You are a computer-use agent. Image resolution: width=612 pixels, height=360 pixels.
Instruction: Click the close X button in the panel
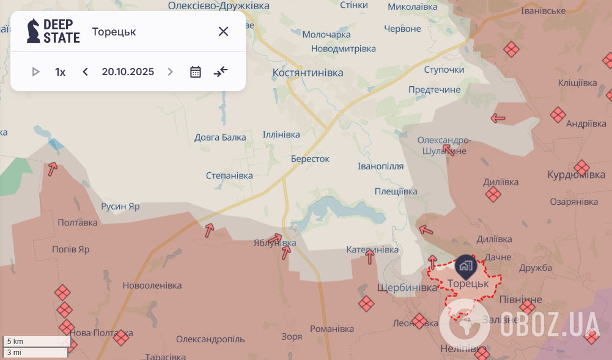pos(223,32)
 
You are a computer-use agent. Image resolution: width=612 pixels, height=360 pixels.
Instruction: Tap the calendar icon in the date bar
pos(196,72)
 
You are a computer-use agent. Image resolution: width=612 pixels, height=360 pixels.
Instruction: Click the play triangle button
pos(35,72)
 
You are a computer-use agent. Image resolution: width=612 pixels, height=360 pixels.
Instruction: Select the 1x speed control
pos(60,72)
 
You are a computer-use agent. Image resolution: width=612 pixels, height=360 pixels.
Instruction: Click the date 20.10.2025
pos(128,72)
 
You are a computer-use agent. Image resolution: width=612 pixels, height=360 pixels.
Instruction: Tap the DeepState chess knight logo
pos(33,31)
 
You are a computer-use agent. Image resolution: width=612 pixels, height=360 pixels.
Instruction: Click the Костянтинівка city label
pos(308,73)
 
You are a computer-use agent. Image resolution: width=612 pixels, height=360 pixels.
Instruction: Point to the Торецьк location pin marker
pos(465,265)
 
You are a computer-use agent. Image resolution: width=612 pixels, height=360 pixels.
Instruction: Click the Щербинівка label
pos(407,287)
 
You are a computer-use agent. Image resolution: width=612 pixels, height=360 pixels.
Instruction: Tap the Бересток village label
pos(310,159)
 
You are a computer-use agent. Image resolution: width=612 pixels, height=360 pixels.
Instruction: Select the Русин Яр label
pos(120,207)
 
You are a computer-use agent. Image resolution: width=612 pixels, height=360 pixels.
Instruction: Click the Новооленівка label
pos(152,285)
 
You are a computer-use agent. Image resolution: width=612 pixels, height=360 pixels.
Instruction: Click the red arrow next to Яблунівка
pos(277,238)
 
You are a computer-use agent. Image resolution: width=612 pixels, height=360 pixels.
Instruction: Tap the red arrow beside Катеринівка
pos(370,257)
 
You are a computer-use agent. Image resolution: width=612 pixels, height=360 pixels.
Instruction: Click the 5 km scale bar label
pos(15,341)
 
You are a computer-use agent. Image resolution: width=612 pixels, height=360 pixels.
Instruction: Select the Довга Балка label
pos(220,137)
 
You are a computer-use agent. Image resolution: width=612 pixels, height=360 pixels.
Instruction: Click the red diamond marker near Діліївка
pos(493,194)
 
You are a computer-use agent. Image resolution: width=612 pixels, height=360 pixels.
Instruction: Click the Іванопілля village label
pos(380,166)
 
